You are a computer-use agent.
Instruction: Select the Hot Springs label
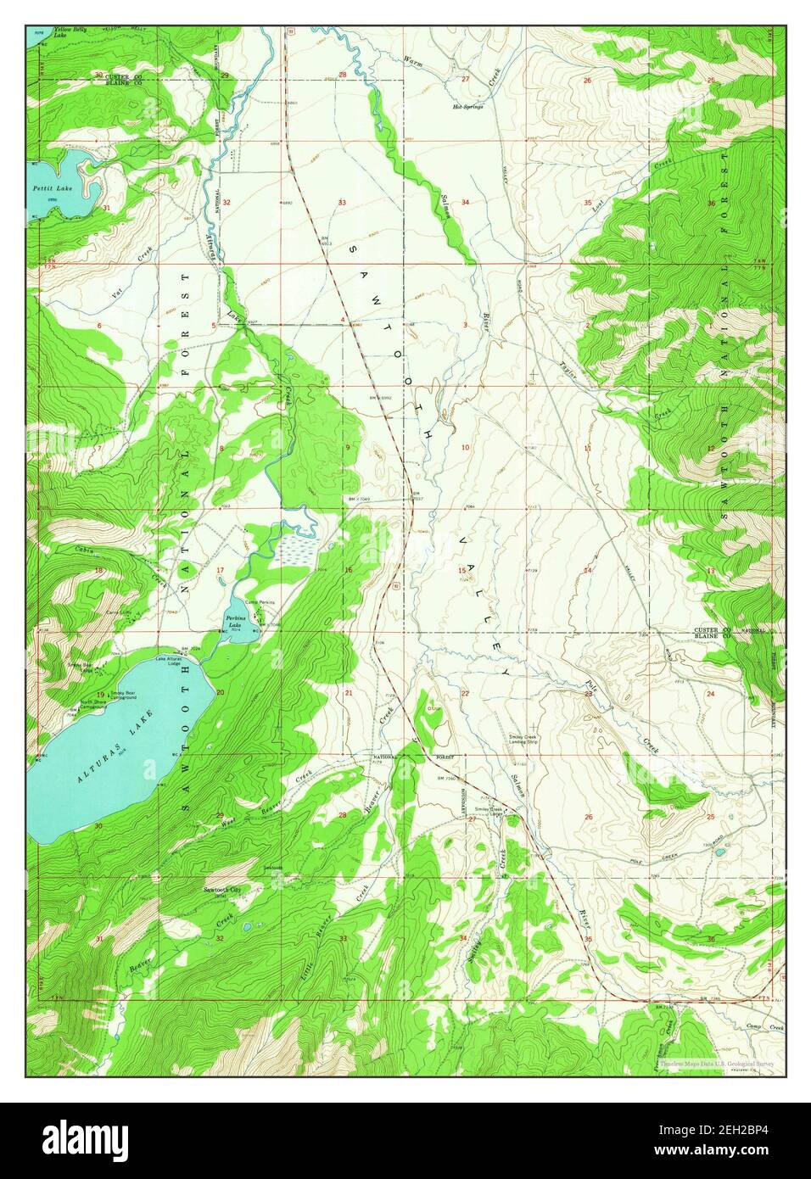click(467, 108)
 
